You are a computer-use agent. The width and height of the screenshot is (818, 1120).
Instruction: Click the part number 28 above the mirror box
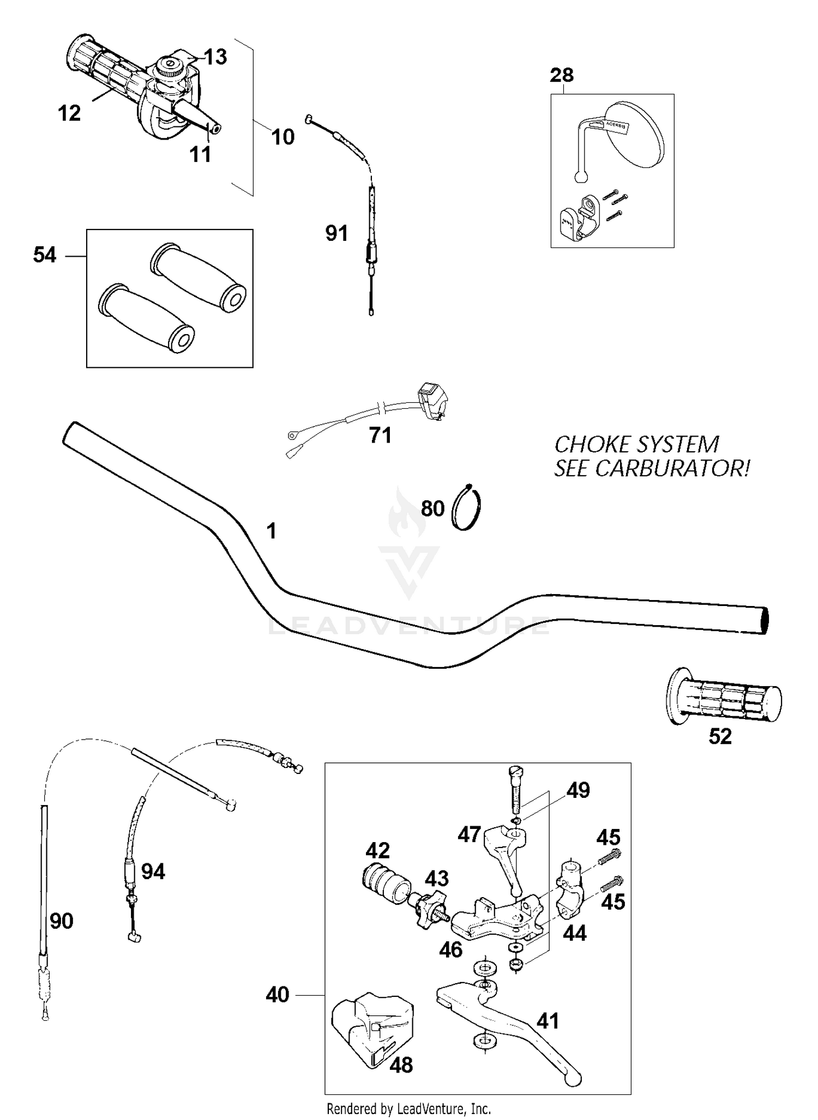[562, 75]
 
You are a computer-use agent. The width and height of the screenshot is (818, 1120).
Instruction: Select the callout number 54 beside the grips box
[45, 255]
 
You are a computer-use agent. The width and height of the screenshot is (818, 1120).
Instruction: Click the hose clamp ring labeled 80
[467, 508]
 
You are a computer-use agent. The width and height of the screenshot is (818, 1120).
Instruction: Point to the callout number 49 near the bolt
[578, 790]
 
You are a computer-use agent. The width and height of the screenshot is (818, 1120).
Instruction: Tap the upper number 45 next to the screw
[608, 837]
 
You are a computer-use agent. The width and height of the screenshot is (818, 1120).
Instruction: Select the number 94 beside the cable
[153, 872]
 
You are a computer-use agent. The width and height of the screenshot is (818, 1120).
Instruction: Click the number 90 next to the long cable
[61, 921]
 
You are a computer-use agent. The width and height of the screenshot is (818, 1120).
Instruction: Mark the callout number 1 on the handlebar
[271, 530]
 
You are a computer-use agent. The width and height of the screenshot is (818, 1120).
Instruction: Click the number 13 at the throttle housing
[215, 57]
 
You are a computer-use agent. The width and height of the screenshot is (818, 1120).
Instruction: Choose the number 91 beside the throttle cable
[336, 234]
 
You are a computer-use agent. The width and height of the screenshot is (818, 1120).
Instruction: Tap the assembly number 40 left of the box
[277, 995]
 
